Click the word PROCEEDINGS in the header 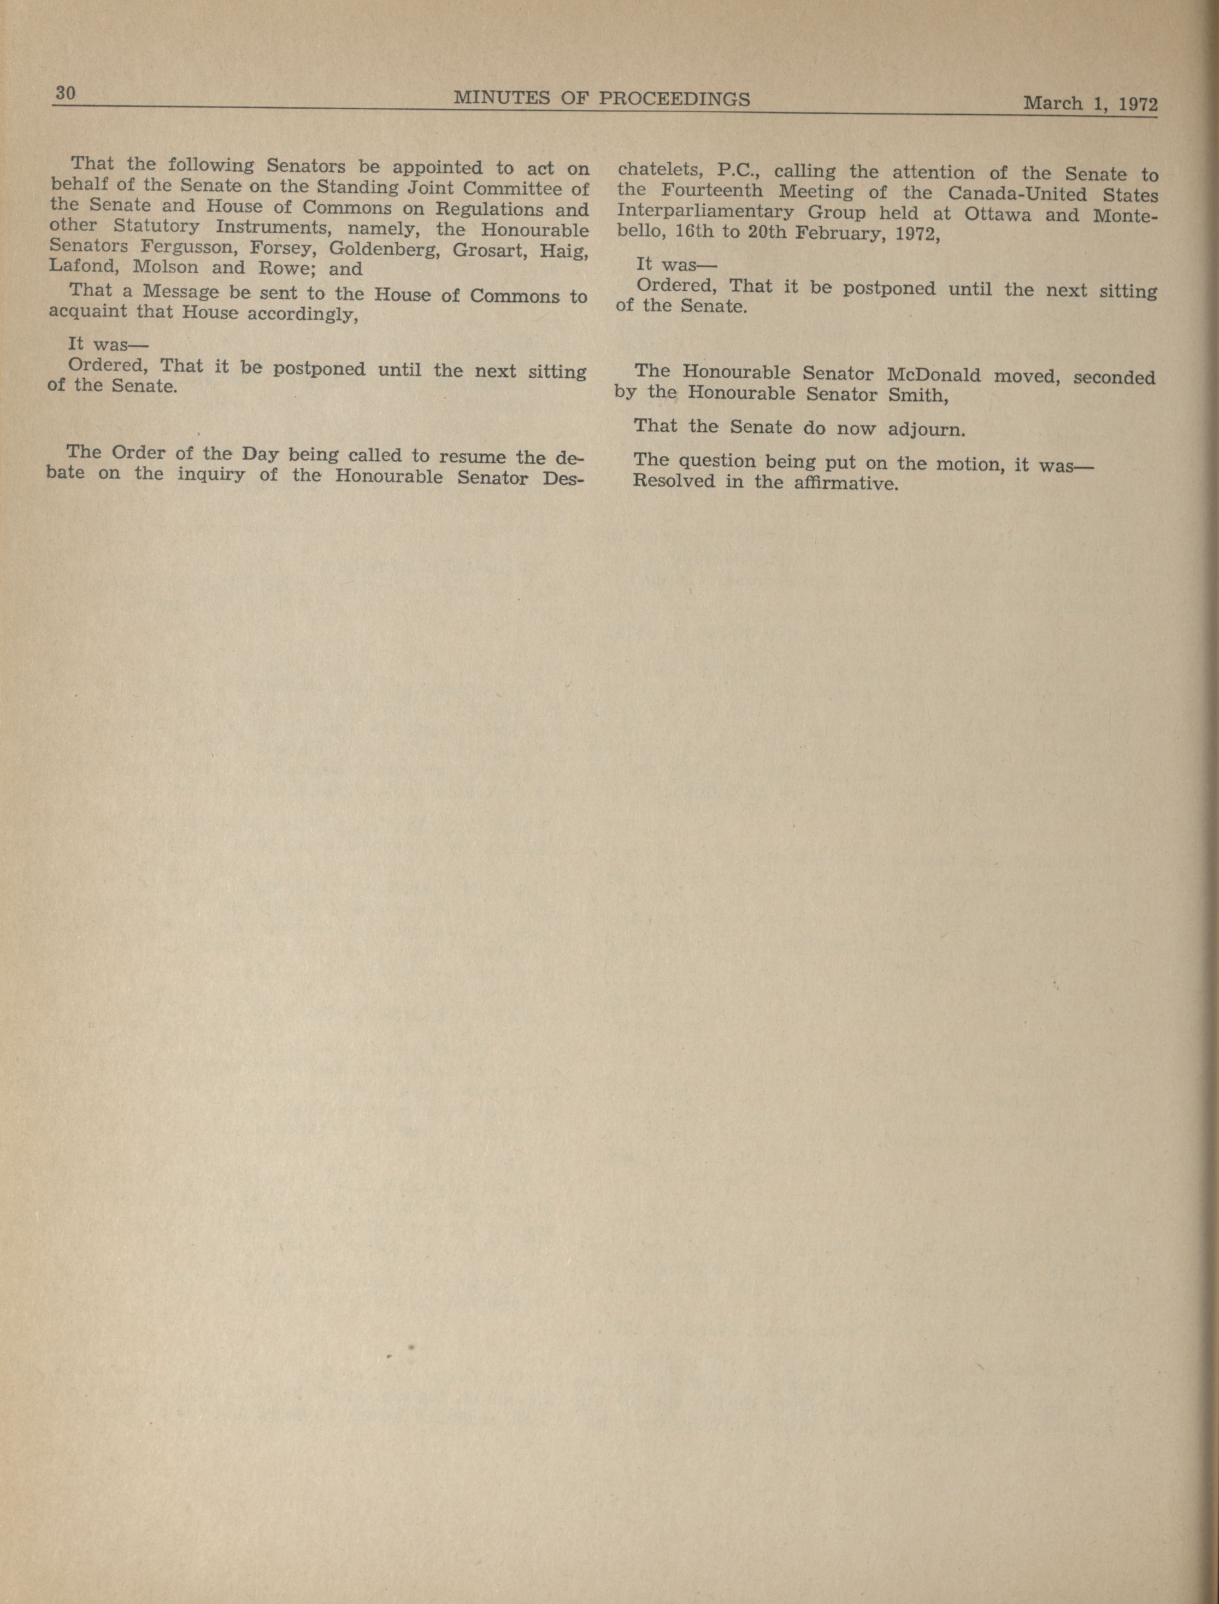coord(674,99)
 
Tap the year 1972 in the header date coord(1138,104)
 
